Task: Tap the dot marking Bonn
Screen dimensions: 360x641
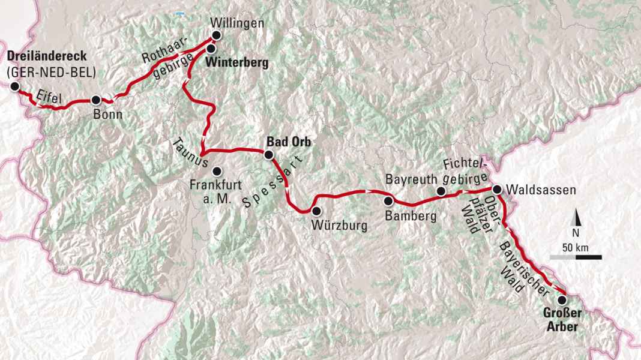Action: click(95, 101)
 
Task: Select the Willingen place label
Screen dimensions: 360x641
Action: click(236, 24)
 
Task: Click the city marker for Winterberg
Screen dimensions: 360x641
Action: click(211, 48)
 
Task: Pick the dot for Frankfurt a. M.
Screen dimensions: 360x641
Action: click(216, 170)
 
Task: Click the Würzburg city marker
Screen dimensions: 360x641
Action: click(316, 211)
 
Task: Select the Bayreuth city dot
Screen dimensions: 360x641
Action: click(441, 191)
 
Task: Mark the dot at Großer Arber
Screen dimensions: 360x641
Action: click(562, 299)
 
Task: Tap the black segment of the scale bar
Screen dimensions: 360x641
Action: click(589, 257)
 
